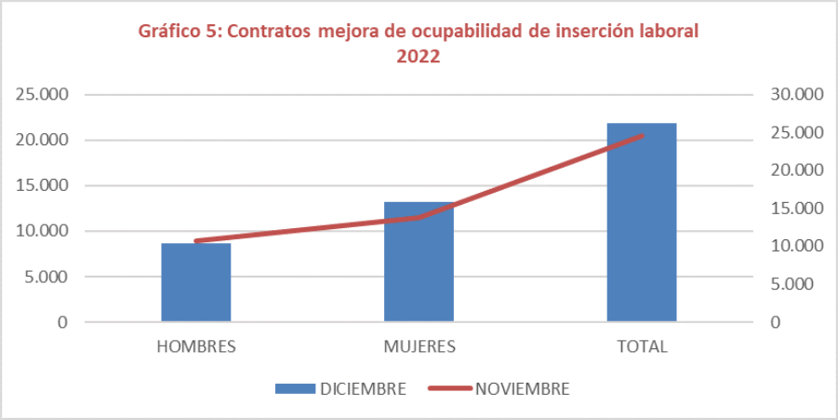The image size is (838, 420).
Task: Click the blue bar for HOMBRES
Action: click(x=196, y=282)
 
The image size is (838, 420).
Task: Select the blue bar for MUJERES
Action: click(x=419, y=262)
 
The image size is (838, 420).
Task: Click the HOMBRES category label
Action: click(x=196, y=346)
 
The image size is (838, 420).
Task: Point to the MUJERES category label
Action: click(x=419, y=346)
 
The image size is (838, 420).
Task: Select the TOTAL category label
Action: click(x=642, y=346)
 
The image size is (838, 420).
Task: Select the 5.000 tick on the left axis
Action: click(x=46, y=277)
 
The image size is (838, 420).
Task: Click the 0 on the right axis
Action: click(x=775, y=322)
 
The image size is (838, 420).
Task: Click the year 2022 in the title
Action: click(x=419, y=56)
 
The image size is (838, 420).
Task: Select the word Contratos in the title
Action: click(x=269, y=31)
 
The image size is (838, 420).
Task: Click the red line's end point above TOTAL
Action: click(x=642, y=136)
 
